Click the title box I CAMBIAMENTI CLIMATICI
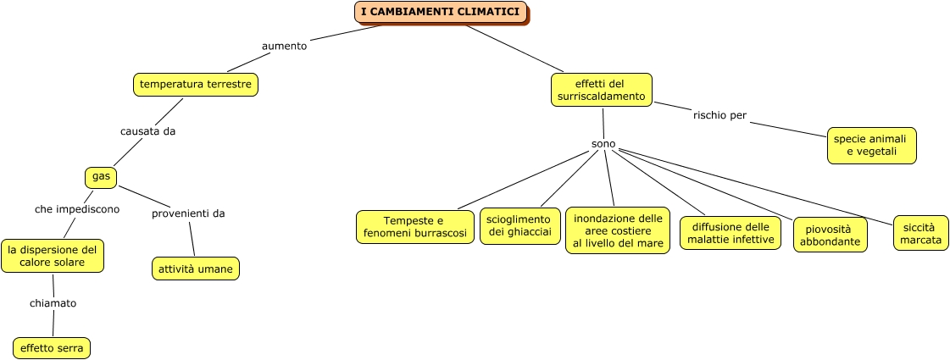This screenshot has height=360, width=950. click(440, 12)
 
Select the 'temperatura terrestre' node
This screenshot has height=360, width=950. click(195, 85)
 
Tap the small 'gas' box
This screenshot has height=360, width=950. click(101, 176)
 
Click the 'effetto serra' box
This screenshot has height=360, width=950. click(52, 347)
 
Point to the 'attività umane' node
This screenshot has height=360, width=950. click(195, 269)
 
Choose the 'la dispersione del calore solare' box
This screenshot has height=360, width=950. click(53, 256)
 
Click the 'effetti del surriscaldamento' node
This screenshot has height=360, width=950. click(601, 90)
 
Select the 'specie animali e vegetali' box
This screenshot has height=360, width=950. click(871, 145)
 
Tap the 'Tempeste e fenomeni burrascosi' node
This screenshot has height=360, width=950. click(414, 227)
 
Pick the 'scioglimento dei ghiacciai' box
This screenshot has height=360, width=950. click(519, 225)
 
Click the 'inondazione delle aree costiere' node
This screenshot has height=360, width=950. click(618, 230)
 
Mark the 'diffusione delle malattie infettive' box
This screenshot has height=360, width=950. click(730, 233)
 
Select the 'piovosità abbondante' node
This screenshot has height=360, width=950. click(830, 235)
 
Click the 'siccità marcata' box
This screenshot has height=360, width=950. click(920, 233)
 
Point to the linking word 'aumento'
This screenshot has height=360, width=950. click(284, 46)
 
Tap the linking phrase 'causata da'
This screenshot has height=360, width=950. click(147, 131)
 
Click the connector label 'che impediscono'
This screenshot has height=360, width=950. click(77, 208)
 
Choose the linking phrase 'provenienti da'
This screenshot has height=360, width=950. click(188, 213)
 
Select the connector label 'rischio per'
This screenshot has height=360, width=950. click(719, 115)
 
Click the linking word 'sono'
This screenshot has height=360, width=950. click(603, 144)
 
